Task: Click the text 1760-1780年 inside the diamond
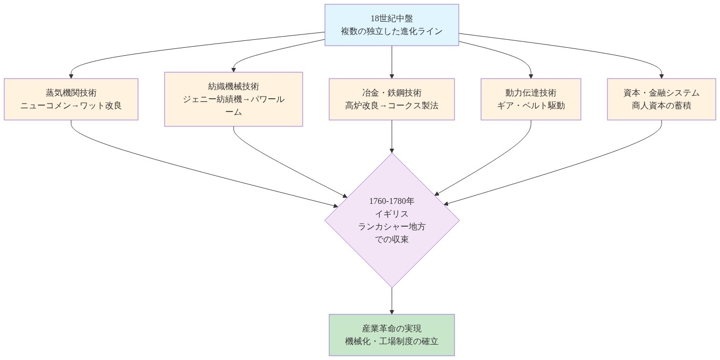point(391,201)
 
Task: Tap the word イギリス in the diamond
point(391,214)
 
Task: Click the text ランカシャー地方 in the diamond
point(391,227)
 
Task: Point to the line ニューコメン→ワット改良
point(71,105)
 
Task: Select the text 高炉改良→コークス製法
point(391,105)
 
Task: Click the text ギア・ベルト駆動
point(530,105)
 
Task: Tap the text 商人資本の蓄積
point(661,105)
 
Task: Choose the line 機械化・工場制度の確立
point(391,341)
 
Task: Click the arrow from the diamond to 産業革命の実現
point(391,300)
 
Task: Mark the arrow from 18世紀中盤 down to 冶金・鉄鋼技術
point(391,61)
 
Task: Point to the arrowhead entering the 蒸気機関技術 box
point(71,75)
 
